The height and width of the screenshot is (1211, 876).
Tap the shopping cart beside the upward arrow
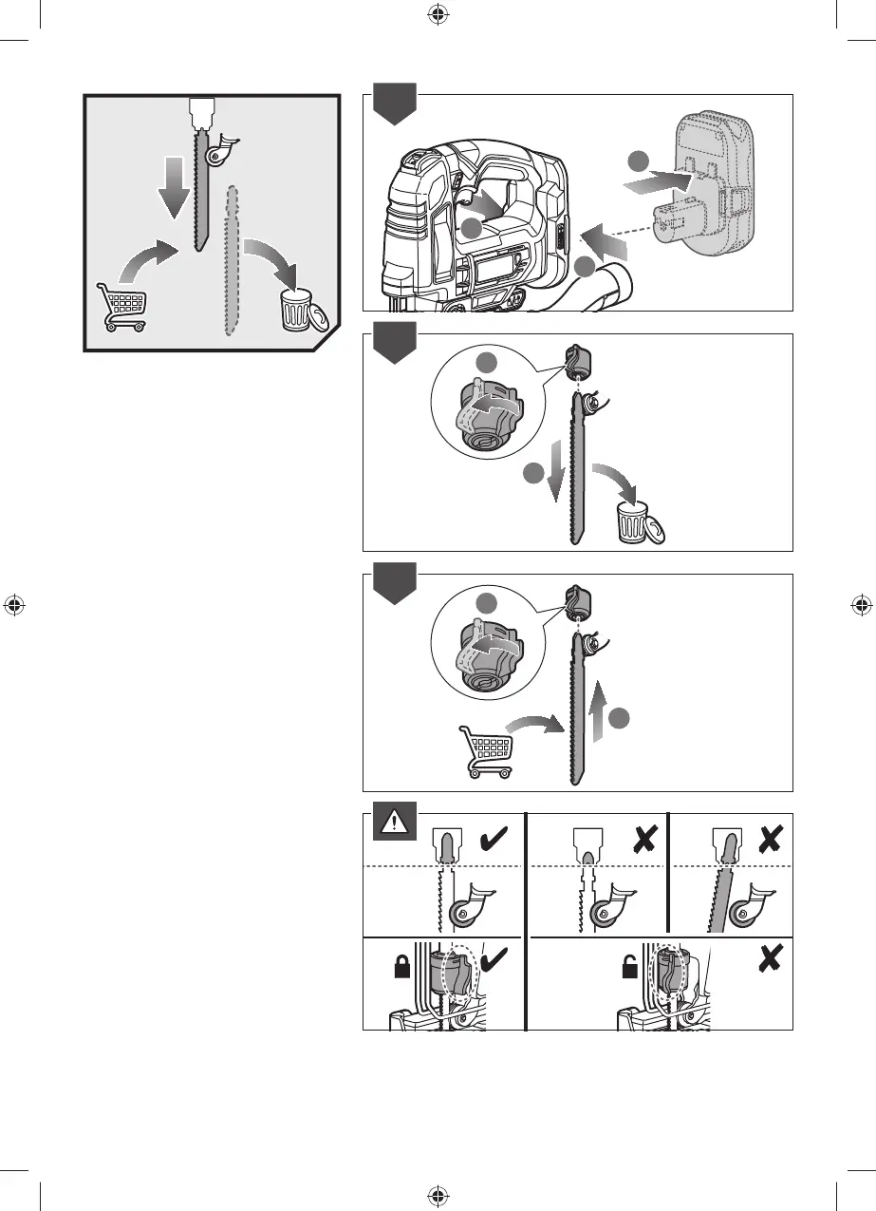[x=484, y=751]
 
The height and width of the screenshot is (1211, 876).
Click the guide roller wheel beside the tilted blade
[x=755, y=916]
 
